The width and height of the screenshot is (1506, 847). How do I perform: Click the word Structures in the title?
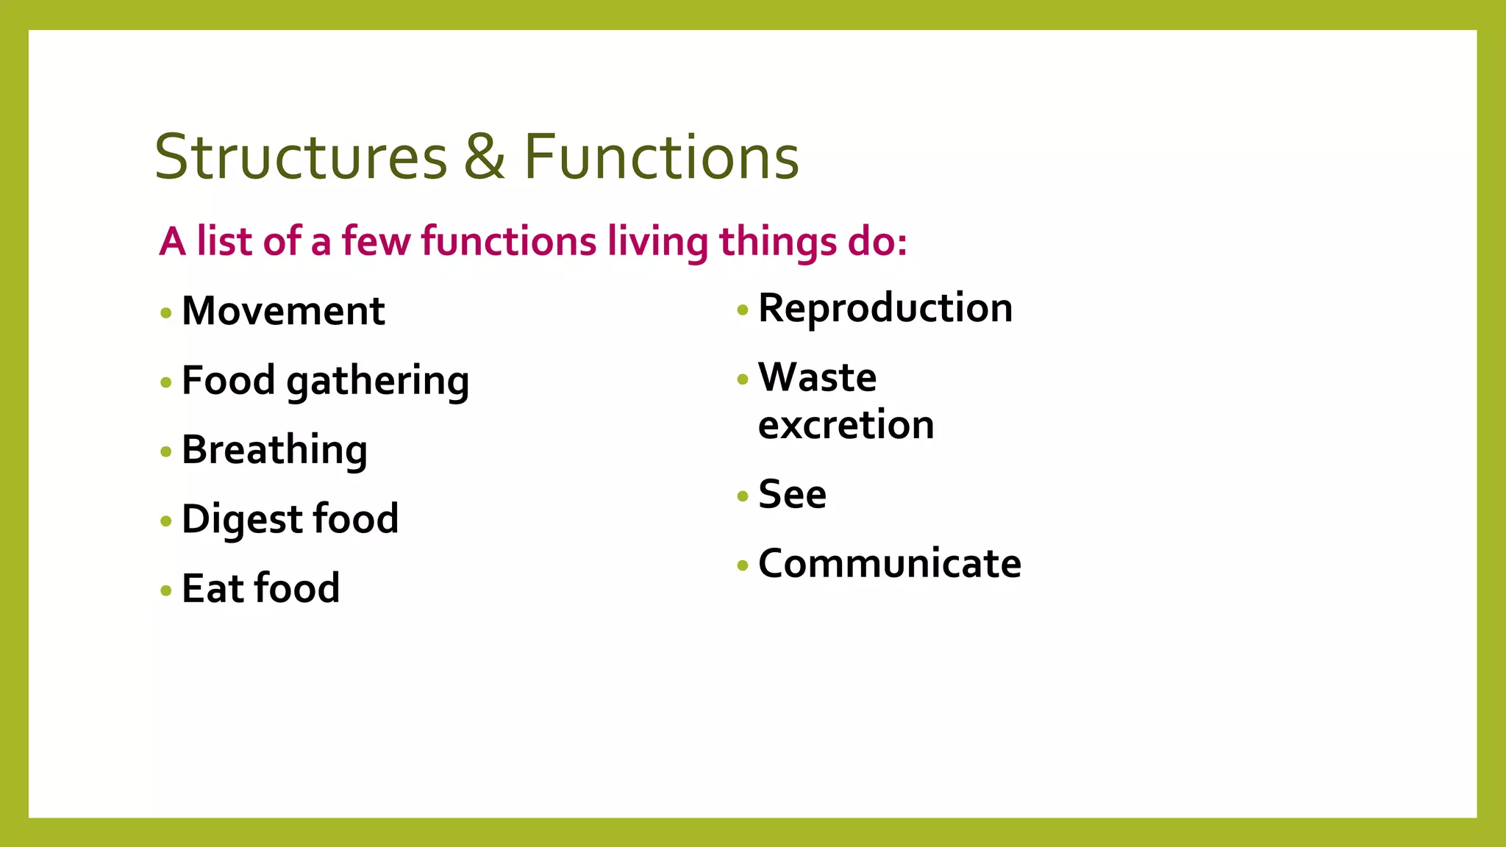tap(301, 157)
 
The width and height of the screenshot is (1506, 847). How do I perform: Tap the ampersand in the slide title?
tap(485, 157)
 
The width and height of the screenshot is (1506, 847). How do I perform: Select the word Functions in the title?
tap(661, 157)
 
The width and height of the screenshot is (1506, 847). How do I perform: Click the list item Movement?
tap(283, 311)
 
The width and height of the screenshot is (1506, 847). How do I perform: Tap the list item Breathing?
tap(274, 450)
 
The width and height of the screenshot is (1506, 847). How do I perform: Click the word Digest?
tap(242, 519)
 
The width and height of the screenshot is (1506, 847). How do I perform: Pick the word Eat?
tap(213, 588)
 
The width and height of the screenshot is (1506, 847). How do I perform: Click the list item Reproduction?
tap(885, 308)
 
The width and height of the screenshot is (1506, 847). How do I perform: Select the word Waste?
tap(817, 378)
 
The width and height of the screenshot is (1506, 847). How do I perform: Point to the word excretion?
tap(846, 425)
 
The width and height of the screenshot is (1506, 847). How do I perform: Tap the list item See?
tap(792, 494)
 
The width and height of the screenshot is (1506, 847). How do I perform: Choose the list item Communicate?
tap(890, 564)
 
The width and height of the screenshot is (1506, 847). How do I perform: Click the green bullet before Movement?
tap(166, 313)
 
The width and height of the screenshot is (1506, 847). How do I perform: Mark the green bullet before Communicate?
tap(743, 565)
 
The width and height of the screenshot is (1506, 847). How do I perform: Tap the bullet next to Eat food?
tap(166, 590)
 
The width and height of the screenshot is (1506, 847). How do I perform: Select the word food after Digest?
tap(356, 519)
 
